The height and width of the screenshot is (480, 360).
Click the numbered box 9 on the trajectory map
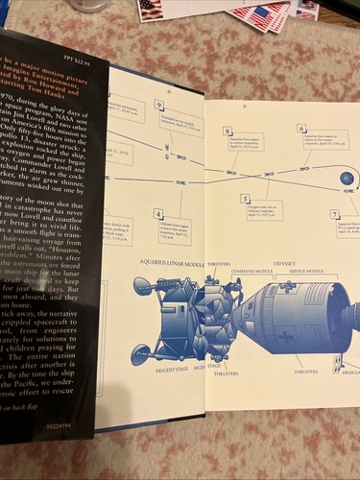click(158, 105)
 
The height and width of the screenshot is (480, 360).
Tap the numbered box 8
click(228, 131)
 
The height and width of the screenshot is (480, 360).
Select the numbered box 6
click(301, 128)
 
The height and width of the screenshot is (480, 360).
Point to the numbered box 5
click(246, 198)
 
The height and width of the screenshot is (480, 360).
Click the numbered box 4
click(158, 213)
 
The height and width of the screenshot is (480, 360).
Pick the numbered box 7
click(334, 214)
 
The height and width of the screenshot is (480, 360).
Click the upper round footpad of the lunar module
click(142, 285)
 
